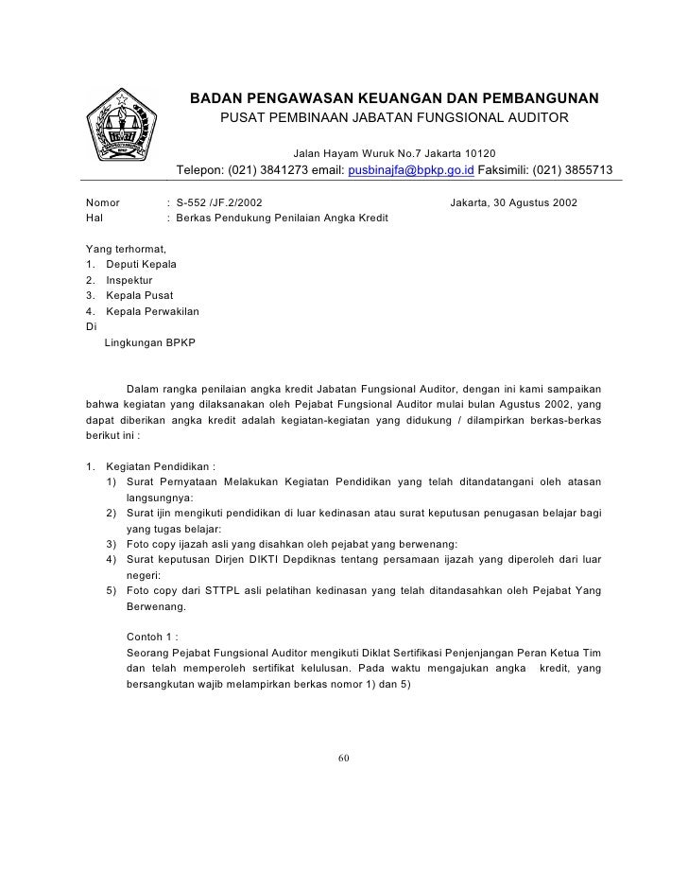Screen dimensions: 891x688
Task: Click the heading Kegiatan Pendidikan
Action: tap(162, 465)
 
